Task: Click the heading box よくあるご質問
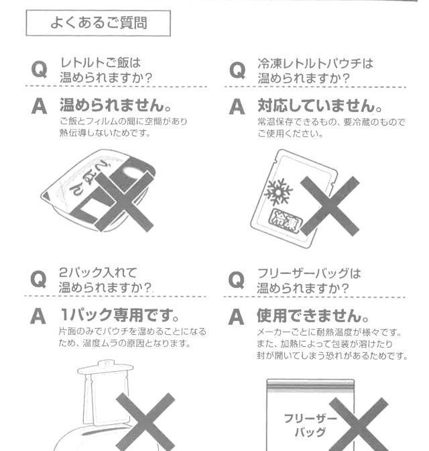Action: pyautogui.click(x=99, y=23)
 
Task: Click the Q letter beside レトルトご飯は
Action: pyautogui.click(x=39, y=69)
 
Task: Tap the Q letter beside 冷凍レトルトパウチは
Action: pyautogui.click(x=237, y=70)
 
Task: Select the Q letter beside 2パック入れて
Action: pyautogui.click(x=38, y=279)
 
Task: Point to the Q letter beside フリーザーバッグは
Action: pyautogui.click(x=237, y=280)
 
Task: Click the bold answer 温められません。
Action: pyautogui.click(x=116, y=105)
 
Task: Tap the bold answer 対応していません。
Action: pyautogui.click(x=320, y=105)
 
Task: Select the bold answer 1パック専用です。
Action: pyautogui.click(x=119, y=315)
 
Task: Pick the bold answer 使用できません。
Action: pyautogui.click(x=313, y=315)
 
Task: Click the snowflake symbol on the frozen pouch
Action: pyautogui.click(x=278, y=191)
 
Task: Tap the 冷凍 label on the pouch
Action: pyautogui.click(x=286, y=221)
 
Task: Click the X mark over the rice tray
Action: pyautogui.click(x=124, y=201)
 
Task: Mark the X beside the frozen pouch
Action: pyautogui.click(x=330, y=206)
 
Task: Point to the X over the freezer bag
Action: pyautogui.click(x=359, y=424)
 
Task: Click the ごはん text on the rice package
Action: pyautogui.click(x=89, y=179)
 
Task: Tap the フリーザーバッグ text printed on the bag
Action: pyautogui.click(x=310, y=425)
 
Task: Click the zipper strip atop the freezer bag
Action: pyautogui.click(x=310, y=386)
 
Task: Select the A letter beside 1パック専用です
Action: pyautogui.click(x=38, y=316)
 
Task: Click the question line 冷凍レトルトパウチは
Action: pyautogui.click(x=315, y=64)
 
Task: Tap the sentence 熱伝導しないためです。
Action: pyautogui.click(x=105, y=133)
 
